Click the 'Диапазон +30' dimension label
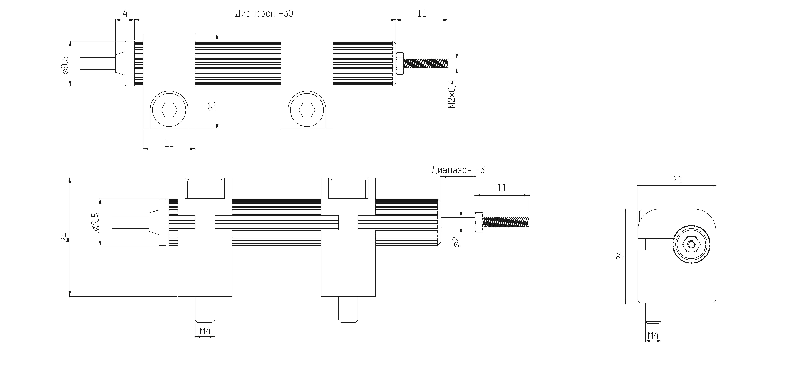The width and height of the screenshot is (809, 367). tap(264, 14)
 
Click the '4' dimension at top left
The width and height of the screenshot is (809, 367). tap(125, 14)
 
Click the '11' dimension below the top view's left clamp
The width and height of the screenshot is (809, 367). tap(169, 143)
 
